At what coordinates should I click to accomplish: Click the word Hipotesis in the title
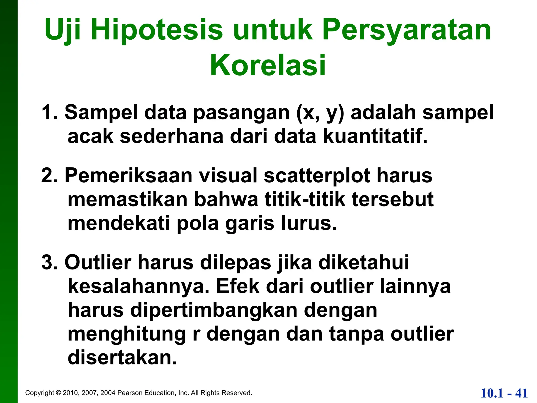pyautogui.click(x=157, y=30)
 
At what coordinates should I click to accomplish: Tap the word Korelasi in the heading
pyautogui.click(x=268, y=65)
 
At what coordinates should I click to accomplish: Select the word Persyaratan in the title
pyautogui.click(x=407, y=30)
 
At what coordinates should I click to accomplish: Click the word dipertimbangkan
pyautogui.click(x=214, y=310)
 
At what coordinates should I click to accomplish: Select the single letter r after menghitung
pyautogui.click(x=196, y=334)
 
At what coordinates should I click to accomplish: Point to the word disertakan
pyautogui.click(x=122, y=358)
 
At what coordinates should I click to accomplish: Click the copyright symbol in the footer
pyautogui.click(x=58, y=393)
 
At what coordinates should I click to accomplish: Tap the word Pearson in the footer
pyautogui.click(x=130, y=393)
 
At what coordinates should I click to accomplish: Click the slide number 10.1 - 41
pyautogui.click(x=504, y=393)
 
